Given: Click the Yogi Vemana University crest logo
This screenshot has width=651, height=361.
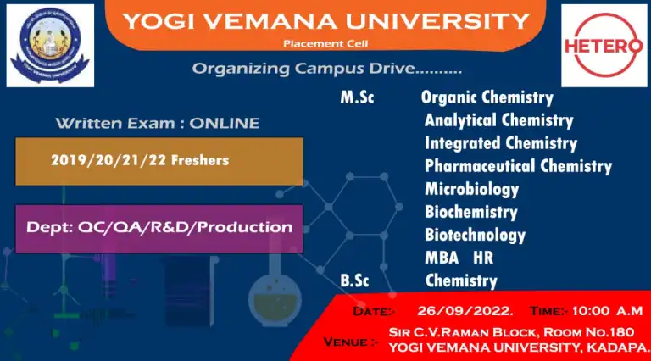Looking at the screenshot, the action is click(x=50, y=45).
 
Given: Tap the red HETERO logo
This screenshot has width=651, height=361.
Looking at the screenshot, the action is click(x=604, y=45).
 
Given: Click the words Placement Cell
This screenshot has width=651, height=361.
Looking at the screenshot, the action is click(x=325, y=43).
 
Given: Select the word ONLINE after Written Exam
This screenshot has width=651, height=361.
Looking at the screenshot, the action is click(x=225, y=123).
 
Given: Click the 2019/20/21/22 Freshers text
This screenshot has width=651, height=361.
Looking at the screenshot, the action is click(x=140, y=160).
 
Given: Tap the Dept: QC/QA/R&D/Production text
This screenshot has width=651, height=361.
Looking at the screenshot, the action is click(x=159, y=227).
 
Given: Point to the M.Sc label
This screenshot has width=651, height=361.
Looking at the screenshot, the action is click(x=357, y=97).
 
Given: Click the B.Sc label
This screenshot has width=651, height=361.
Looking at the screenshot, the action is click(x=354, y=280).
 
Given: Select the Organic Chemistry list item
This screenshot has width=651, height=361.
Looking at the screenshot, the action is click(x=487, y=98).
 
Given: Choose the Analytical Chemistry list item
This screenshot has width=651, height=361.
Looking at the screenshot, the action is click(x=498, y=120).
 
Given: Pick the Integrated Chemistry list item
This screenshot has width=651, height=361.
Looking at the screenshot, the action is click(x=501, y=143).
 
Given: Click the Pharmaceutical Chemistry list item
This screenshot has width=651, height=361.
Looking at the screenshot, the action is click(x=518, y=166).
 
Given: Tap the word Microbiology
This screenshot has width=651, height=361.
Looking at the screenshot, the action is click(x=471, y=190).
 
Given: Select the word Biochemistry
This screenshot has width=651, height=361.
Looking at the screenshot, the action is click(x=471, y=212).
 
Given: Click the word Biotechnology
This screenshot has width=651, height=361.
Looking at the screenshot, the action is click(x=475, y=236).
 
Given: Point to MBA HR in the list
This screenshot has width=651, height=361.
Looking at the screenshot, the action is click(x=459, y=258).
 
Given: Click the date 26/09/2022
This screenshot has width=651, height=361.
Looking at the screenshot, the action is click(x=465, y=311).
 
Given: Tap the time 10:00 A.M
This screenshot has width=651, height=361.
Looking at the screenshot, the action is click(x=608, y=311).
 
